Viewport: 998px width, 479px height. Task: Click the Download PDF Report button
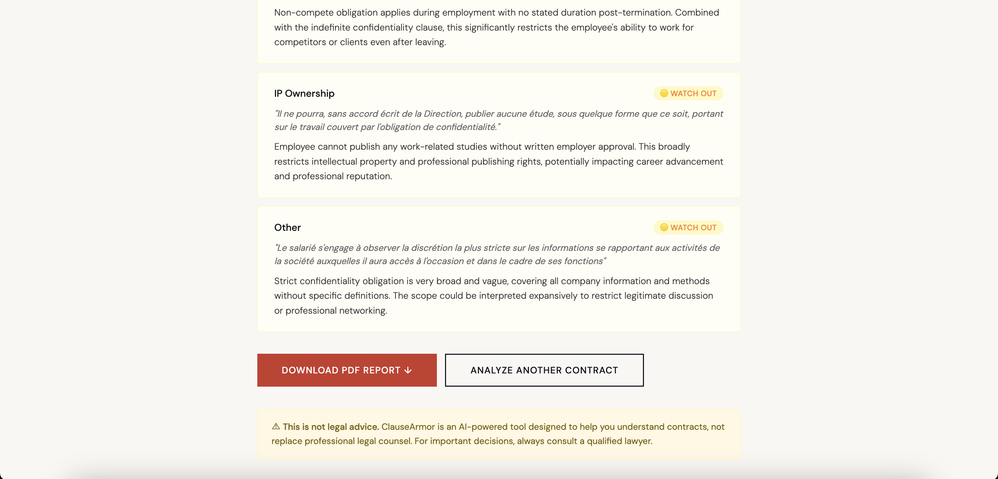click(x=346, y=370)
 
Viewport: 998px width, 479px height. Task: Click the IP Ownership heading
click(x=304, y=93)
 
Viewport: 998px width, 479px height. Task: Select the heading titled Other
click(x=287, y=227)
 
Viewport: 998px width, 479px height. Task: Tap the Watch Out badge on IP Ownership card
click(x=688, y=93)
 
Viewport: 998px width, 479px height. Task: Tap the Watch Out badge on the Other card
click(x=688, y=227)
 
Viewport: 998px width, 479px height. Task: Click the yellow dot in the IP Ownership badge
click(x=664, y=93)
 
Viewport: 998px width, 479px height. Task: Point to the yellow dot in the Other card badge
click(x=664, y=227)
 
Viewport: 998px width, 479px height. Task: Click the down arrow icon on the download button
click(x=408, y=370)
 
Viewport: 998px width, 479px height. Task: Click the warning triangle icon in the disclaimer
click(x=276, y=426)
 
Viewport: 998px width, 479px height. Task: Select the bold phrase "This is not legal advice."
click(x=331, y=427)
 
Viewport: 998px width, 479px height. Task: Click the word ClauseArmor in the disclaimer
click(x=408, y=427)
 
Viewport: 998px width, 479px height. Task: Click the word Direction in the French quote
click(x=442, y=113)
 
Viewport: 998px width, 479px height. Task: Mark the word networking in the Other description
click(x=362, y=310)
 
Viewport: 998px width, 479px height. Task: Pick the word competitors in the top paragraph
click(x=300, y=42)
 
